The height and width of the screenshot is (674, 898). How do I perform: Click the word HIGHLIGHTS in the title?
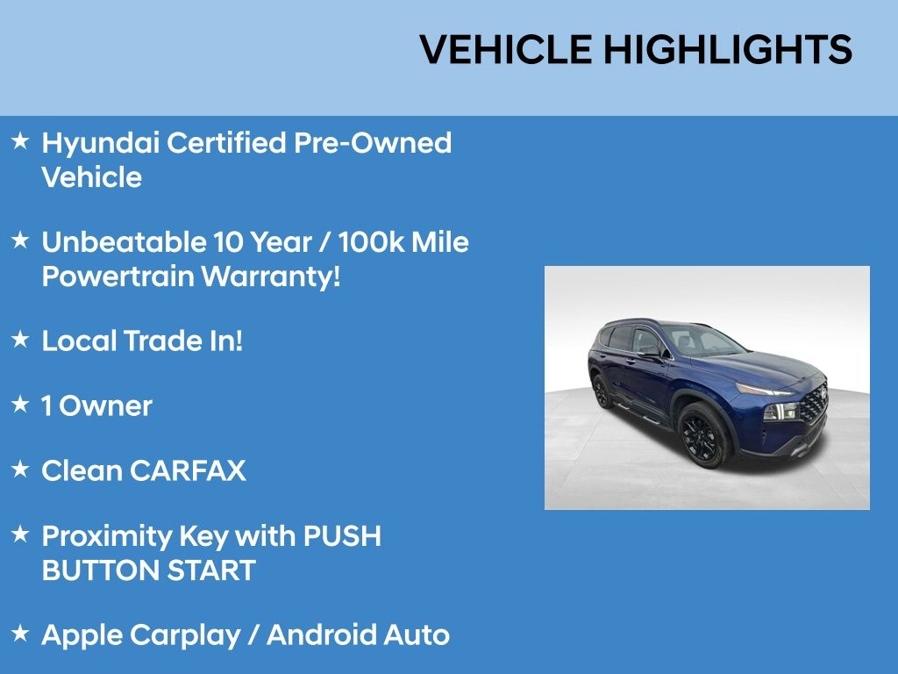728,49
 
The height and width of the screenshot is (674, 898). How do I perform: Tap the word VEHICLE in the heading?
506,49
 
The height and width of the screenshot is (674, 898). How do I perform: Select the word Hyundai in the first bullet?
100,144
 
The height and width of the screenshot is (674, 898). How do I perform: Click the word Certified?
226,142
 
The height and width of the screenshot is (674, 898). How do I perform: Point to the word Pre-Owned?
372,142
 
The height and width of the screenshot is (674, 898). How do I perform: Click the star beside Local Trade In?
20,339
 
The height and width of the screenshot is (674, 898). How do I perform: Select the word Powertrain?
118,276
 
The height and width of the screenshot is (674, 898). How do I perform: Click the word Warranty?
271,277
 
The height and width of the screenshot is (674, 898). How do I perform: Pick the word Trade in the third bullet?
163,341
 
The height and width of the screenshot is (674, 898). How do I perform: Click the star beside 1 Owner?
20,404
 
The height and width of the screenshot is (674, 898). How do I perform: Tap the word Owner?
105,406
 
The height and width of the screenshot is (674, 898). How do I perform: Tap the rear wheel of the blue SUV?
602,392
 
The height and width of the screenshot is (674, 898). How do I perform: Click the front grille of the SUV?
813,404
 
